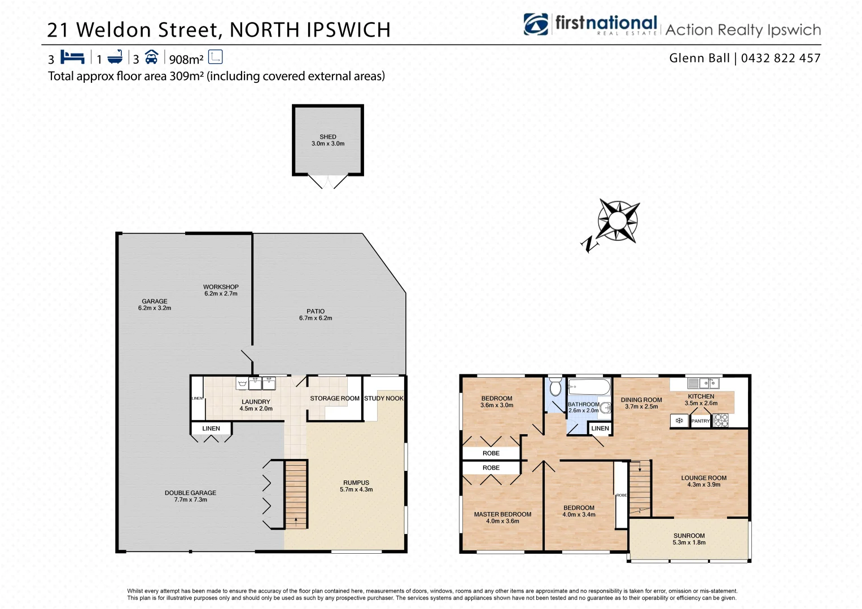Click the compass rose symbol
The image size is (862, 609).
[x=618, y=220]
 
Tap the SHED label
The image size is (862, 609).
[x=327, y=136]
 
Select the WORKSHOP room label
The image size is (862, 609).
[x=221, y=287]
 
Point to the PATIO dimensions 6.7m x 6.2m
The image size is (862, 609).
[x=316, y=319]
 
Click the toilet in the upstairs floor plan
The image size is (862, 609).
[x=555, y=386]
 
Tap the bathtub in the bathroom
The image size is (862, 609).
[x=589, y=387]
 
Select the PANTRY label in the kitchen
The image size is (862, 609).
[x=700, y=421]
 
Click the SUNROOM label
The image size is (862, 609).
[x=689, y=536]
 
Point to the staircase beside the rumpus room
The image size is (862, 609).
[x=296, y=494]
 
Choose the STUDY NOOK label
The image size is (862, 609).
[x=383, y=399]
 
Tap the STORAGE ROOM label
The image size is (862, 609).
[x=334, y=399]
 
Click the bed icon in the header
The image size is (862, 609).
[x=72, y=58]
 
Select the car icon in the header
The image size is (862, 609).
[x=151, y=58]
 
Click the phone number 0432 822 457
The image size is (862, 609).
[x=780, y=58]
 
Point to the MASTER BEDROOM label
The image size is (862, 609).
[x=502, y=514]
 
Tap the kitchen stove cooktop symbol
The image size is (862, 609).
[x=721, y=420]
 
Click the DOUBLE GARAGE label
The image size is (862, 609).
[x=190, y=493]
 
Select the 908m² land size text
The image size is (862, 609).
[x=186, y=59]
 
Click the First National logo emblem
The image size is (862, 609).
[x=536, y=25]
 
